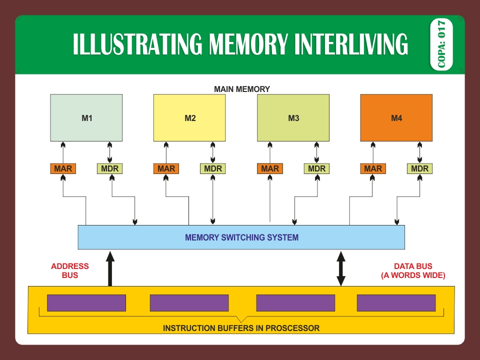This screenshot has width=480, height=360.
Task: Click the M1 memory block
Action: coord(86,118)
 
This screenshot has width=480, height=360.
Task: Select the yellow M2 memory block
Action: coord(189,118)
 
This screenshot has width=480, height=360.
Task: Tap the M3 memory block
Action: coord(293,118)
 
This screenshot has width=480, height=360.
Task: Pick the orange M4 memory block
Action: coord(396,118)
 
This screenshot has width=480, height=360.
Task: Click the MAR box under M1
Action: coord(63,168)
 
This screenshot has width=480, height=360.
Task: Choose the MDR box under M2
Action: coord(213,168)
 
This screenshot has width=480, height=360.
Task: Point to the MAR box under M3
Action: coord(270,168)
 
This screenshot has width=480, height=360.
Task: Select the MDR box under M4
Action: coord(420,168)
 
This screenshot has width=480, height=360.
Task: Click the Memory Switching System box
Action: coord(241,237)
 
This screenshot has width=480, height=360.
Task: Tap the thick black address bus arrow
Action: coord(110,270)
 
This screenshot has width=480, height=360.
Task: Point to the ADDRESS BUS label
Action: coord(70,270)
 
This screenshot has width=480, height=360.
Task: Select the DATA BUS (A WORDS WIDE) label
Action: coord(413,270)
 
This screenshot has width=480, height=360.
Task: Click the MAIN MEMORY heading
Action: coord(242,89)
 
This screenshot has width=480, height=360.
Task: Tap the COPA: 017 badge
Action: coord(441,44)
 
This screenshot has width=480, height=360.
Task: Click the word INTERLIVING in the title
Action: coord(350,44)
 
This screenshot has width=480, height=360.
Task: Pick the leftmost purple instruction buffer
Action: coord(86,303)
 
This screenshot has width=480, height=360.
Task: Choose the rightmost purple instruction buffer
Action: coord(396,303)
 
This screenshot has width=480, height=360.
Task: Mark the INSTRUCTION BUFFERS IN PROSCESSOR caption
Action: coord(241,328)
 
